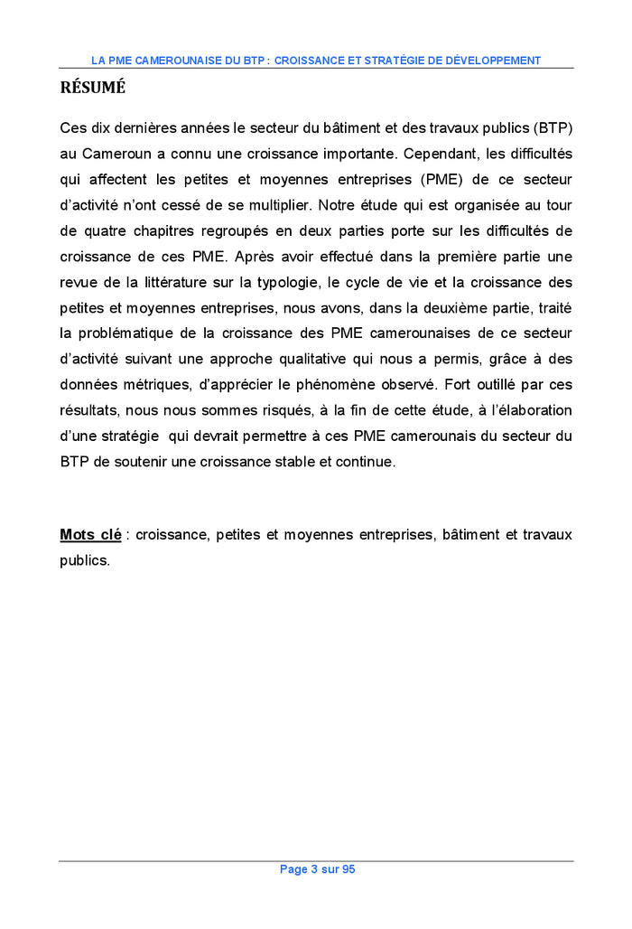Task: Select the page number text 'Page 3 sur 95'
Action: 317,869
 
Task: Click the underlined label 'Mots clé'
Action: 90,535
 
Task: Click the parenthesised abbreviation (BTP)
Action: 551,127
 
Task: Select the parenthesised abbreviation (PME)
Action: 444,179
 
